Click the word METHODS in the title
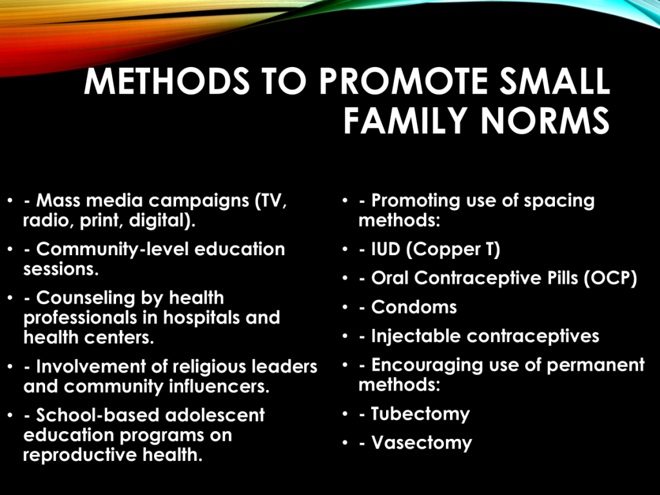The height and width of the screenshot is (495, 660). pos(167,81)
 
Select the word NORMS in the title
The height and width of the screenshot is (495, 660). pos(545,120)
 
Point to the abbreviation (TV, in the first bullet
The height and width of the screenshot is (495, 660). pos(271,201)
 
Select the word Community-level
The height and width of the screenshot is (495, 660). pos(112,249)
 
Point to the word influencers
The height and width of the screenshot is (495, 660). pos(219,387)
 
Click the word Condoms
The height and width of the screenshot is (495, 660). pos(414,307)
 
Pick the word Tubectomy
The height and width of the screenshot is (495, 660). pos(420,414)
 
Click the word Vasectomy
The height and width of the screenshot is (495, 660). pos(422,443)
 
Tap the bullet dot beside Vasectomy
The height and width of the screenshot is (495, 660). pos(345,443)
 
